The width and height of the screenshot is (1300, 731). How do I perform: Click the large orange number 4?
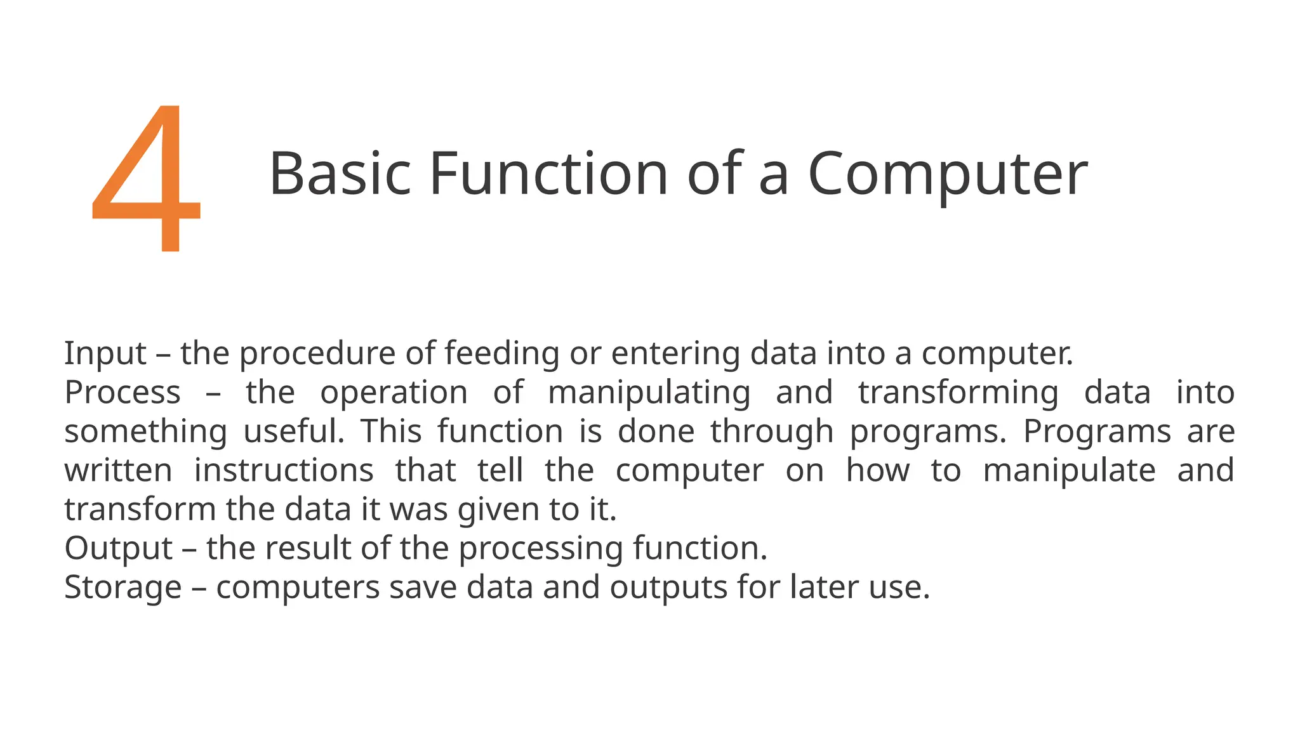click(147, 181)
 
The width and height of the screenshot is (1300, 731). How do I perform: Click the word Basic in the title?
click(340, 174)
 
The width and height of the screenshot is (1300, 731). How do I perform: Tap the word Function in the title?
click(548, 174)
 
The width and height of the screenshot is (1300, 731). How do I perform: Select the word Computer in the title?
click(947, 175)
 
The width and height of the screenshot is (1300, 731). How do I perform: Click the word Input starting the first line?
click(105, 353)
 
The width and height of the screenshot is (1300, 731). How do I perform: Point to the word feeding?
click(501, 353)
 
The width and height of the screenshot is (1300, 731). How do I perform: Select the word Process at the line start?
click(123, 392)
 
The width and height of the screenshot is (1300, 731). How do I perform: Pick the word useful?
click(293, 431)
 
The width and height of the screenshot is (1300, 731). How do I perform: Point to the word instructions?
click(284, 471)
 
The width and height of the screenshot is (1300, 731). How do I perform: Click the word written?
click(118, 471)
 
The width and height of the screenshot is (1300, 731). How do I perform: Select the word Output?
click(119, 549)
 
